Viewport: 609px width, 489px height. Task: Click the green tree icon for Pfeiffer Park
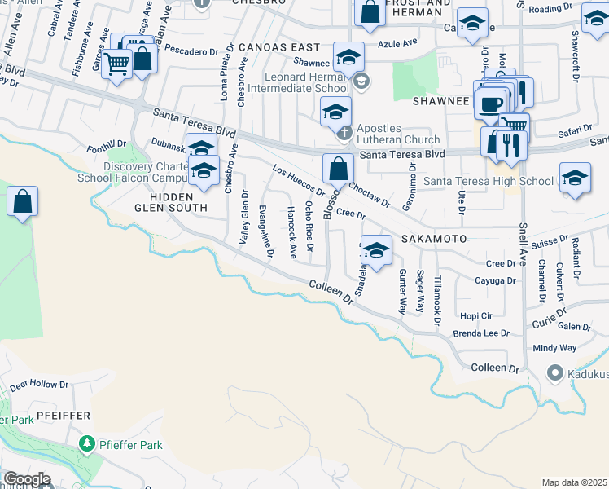[87, 444]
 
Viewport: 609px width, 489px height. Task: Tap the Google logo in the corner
[26, 479]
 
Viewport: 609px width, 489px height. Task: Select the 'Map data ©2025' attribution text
[574, 482]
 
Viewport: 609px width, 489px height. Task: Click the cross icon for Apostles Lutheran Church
[344, 131]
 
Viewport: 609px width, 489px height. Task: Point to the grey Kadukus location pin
[555, 372]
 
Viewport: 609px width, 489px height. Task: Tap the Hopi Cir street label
[476, 315]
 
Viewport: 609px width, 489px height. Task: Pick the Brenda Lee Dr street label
[481, 333]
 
